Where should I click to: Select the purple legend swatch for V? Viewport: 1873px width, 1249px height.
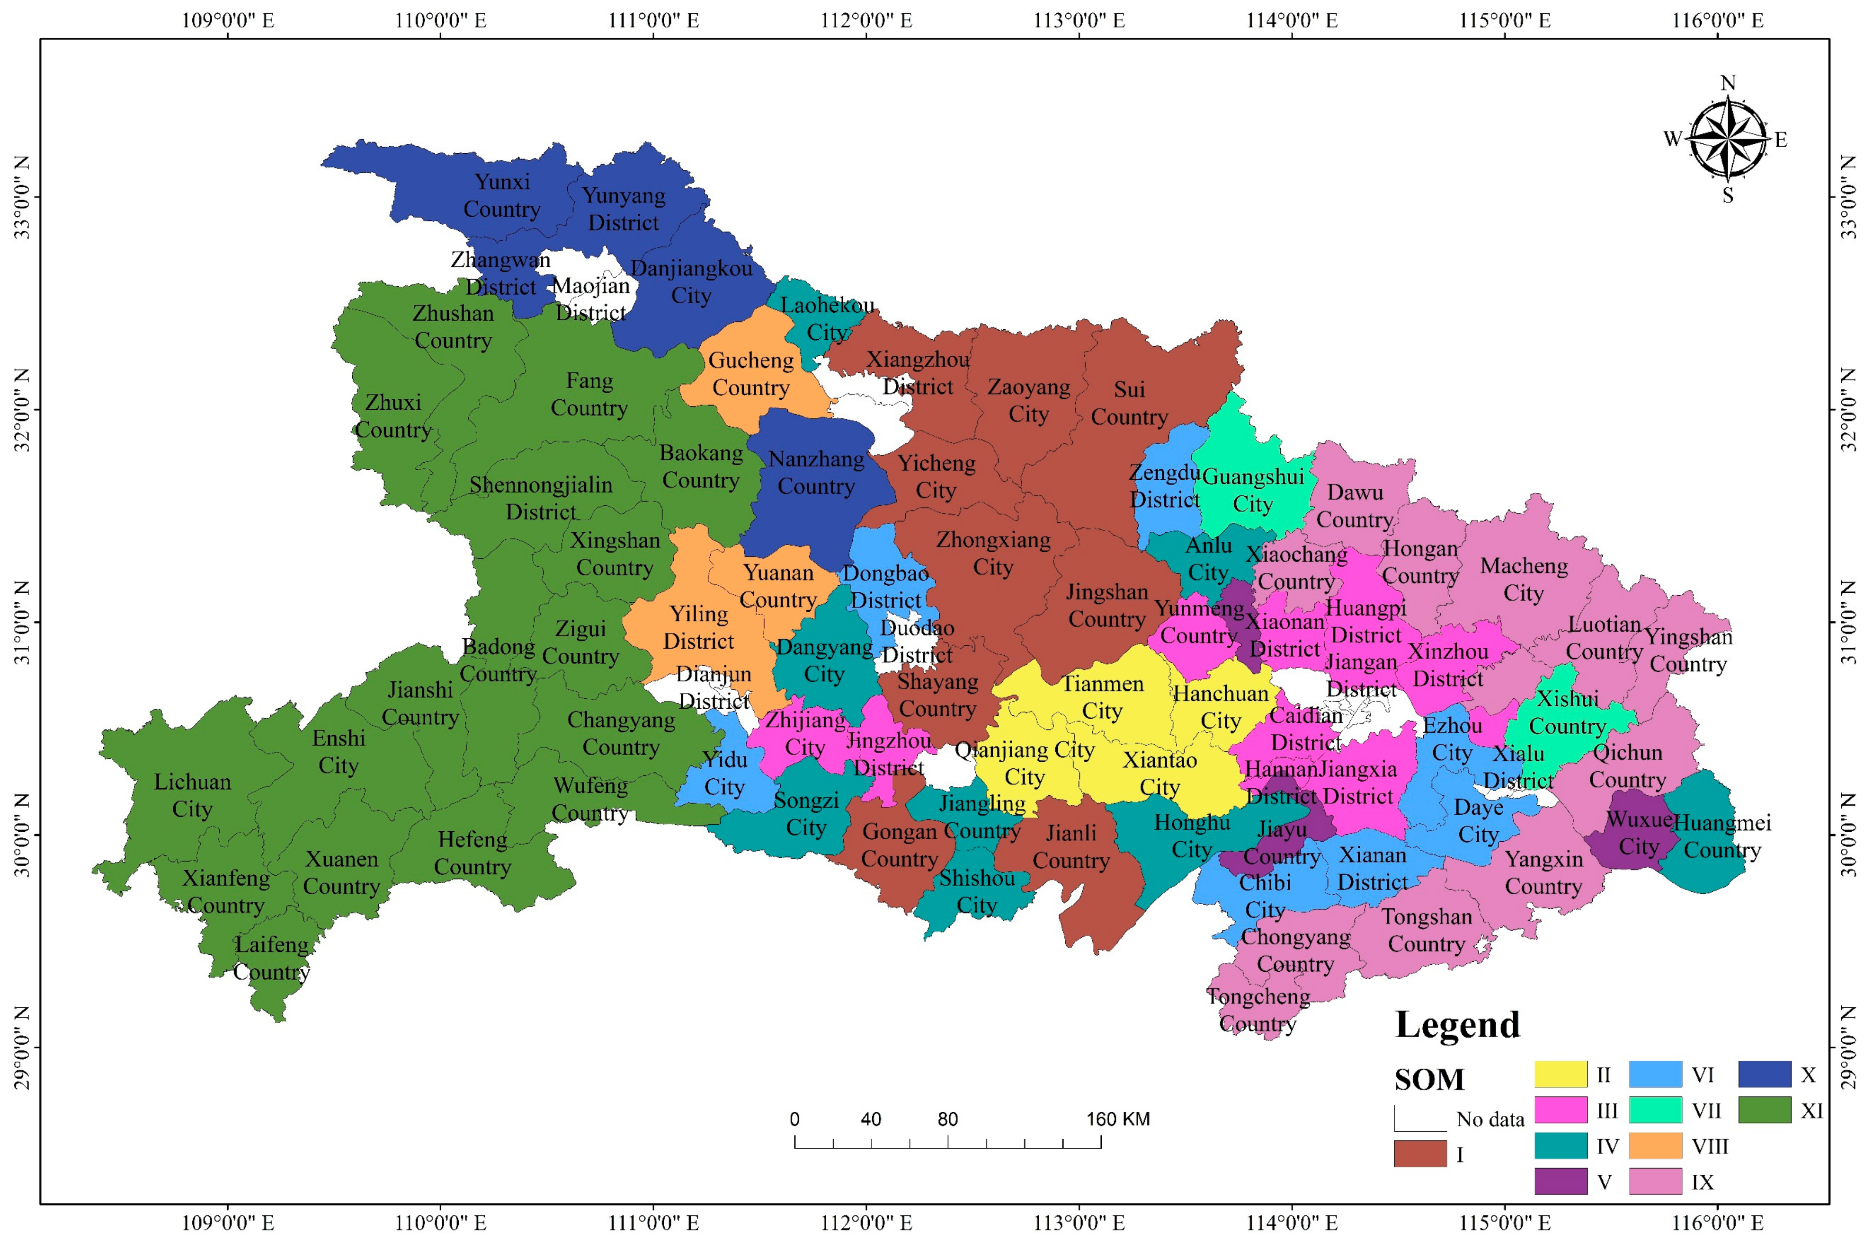point(1561,1181)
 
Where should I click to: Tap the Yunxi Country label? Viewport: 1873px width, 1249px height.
point(502,195)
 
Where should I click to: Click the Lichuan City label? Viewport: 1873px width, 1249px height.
point(192,795)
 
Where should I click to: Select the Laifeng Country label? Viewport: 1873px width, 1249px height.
point(271,958)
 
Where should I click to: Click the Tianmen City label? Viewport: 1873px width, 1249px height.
point(1102,697)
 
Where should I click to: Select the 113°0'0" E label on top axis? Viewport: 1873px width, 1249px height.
point(1079,20)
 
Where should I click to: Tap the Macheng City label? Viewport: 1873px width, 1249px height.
point(1524,579)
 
